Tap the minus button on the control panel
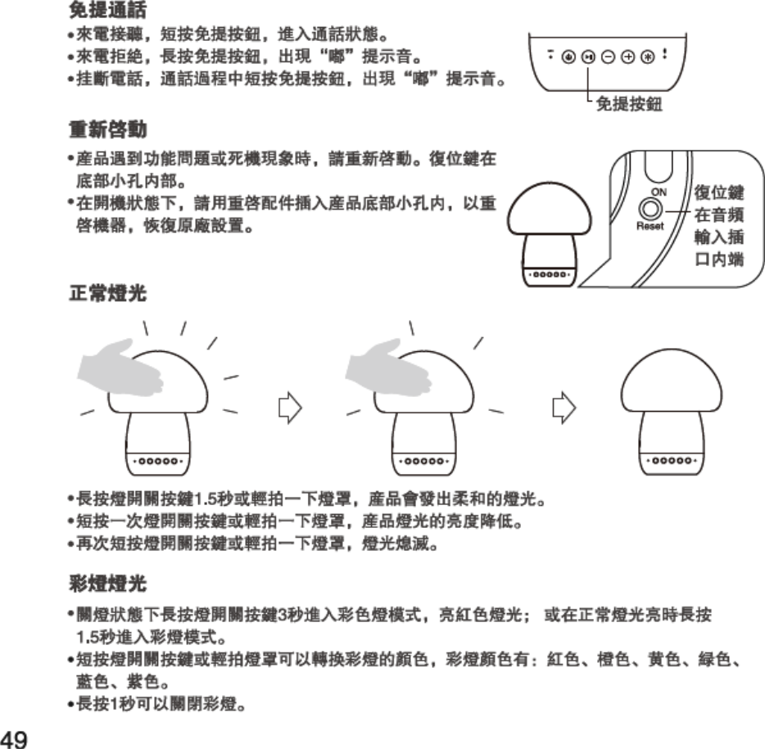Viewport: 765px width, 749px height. click(609, 57)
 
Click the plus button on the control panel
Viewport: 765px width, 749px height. click(628, 57)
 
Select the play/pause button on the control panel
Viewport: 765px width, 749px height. click(588, 57)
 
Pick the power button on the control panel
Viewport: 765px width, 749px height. click(568, 57)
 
